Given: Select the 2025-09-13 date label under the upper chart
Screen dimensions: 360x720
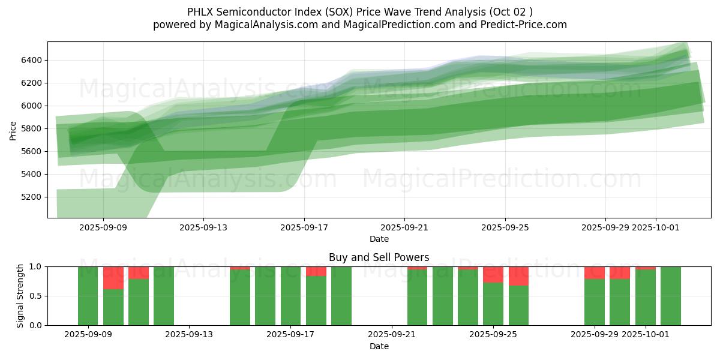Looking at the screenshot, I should tap(203, 227).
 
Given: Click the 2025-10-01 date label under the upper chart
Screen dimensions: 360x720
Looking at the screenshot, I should tap(655, 227).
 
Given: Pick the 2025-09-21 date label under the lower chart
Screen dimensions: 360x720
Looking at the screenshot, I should tap(392, 334).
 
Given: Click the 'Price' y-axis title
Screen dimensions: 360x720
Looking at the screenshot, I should tap(13, 130).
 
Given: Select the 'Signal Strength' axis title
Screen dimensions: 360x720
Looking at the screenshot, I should tap(20, 296).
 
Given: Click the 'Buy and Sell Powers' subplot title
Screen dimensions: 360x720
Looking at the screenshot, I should tap(379, 257).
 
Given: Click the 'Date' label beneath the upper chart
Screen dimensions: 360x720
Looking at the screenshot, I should tap(379, 239).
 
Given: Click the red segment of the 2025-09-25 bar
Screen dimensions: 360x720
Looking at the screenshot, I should tap(493, 274).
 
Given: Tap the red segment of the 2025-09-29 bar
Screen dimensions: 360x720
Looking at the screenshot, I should tap(595, 272).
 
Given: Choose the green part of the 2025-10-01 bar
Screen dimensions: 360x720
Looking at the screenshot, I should tap(645, 298).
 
